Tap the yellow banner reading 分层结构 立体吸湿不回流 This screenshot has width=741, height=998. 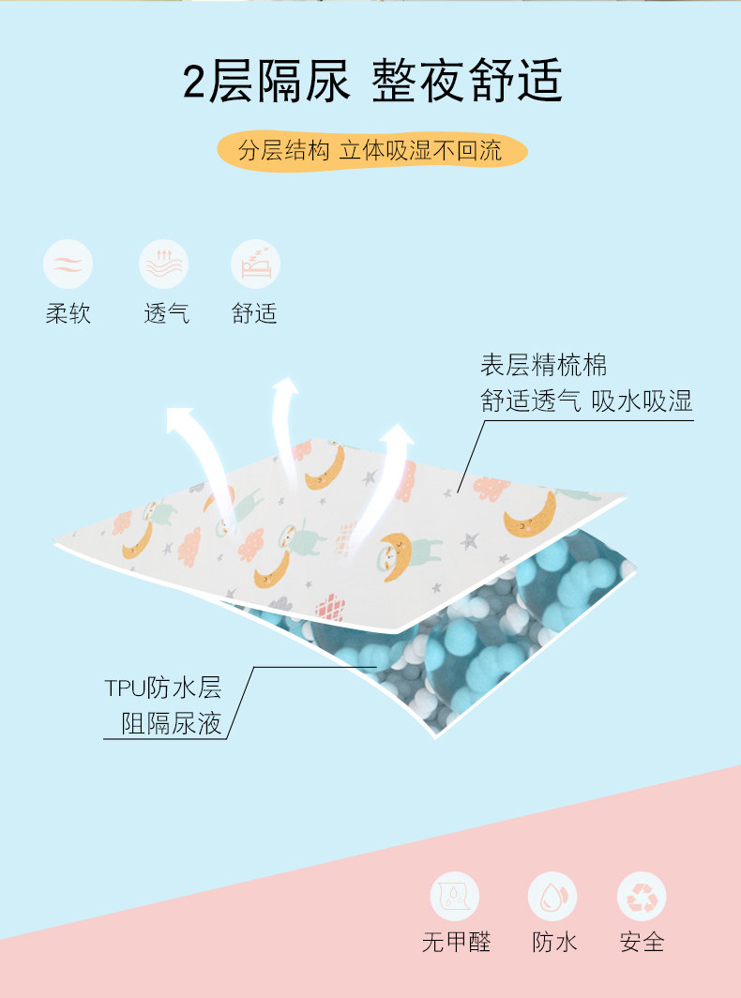pos(370,150)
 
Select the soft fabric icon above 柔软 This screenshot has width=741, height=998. pos(68,264)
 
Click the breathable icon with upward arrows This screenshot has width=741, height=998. pos(163,264)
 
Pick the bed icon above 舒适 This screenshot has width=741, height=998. pos(255,264)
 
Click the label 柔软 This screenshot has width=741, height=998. pos(68,313)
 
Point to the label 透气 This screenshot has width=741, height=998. pos(166,313)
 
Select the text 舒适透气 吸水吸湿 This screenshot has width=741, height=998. pos(586,401)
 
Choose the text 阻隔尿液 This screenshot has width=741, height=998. pos(173,723)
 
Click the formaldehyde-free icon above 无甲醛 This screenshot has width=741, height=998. pos(455,896)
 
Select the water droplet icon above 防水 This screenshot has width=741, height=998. pos(552,896)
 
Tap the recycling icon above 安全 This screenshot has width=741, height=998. pos(642,896)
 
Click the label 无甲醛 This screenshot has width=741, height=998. pos(456,942)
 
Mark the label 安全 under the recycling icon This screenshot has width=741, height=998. pos(642,942)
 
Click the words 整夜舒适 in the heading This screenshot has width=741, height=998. pos(467,83)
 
